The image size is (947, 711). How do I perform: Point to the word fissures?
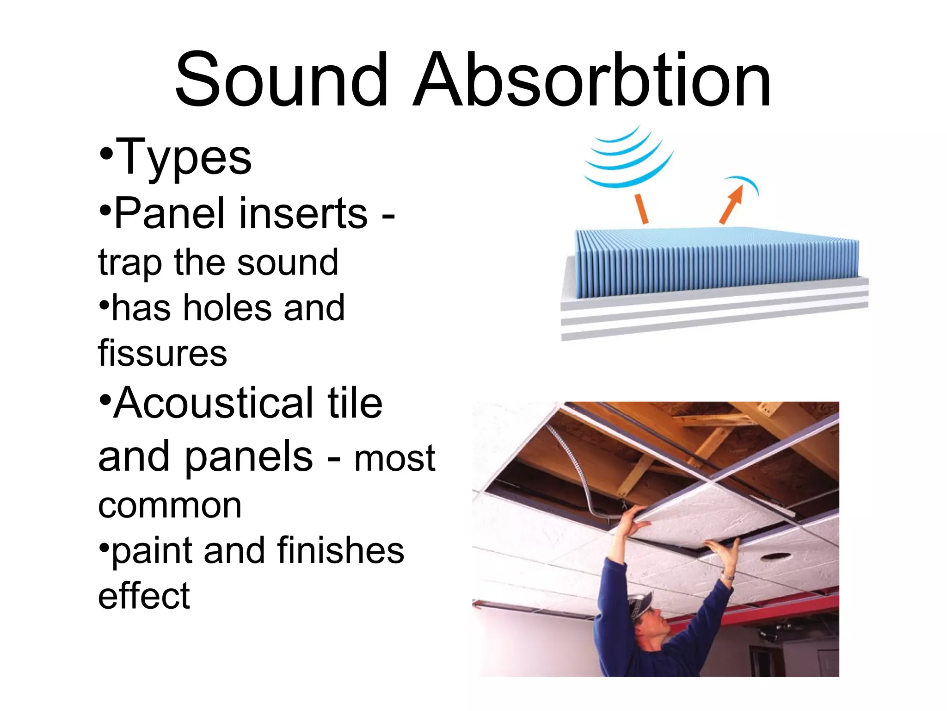162,354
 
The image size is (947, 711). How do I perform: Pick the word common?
170,505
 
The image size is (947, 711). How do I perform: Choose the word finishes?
341,551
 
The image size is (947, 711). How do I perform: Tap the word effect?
144,596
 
